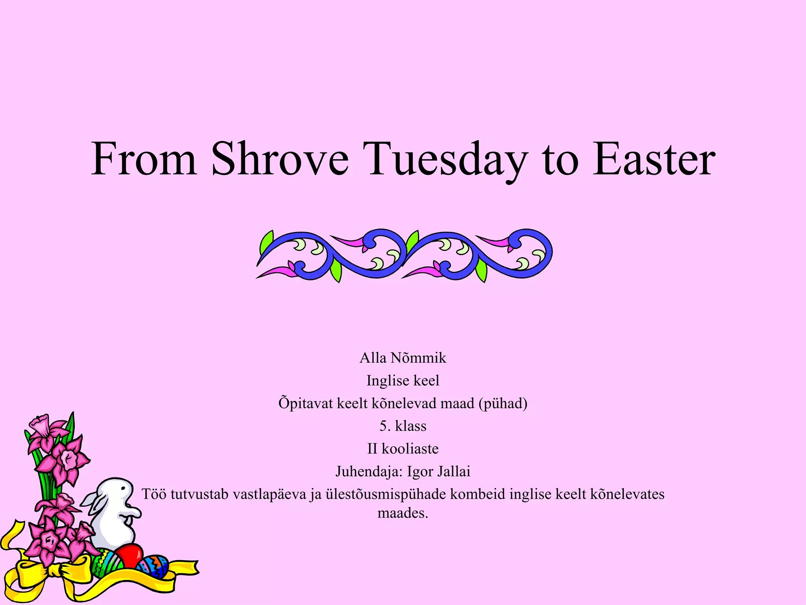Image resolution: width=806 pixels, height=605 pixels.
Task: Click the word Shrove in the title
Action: click(280, 160)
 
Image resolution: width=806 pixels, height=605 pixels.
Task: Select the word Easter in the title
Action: click(654, 160)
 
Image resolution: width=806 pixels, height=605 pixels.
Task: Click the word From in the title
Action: click(144, 160)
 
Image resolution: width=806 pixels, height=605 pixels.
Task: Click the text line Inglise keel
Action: click(403, 381)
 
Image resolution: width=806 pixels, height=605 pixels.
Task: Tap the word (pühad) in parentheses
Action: click(503, 404)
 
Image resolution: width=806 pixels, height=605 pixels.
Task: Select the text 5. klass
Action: click(403, 426)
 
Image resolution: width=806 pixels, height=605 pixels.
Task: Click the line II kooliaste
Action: click(403, 449)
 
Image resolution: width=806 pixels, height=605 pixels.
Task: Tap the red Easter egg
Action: click(129, 556)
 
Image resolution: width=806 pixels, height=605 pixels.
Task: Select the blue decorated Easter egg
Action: click(153, 566)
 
